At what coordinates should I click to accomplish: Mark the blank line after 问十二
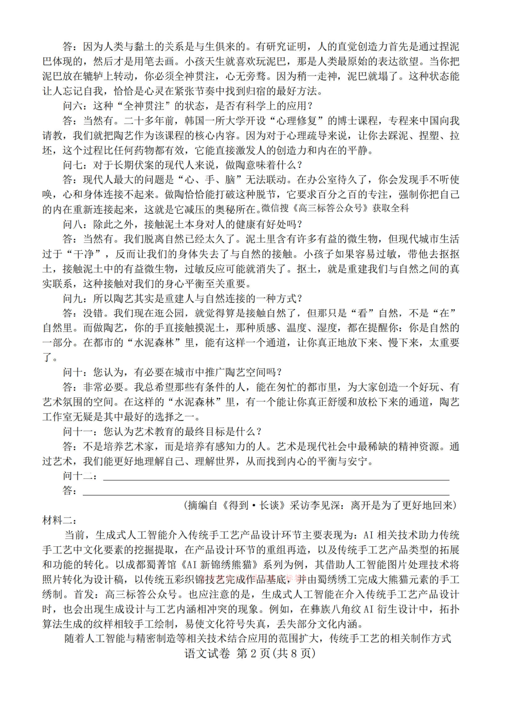coord(276,477)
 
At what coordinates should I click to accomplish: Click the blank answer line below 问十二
coord(266,492)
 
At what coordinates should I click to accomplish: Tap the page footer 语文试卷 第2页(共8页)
coord(250,654)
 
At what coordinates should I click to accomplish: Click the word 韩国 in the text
coord(194,121)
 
